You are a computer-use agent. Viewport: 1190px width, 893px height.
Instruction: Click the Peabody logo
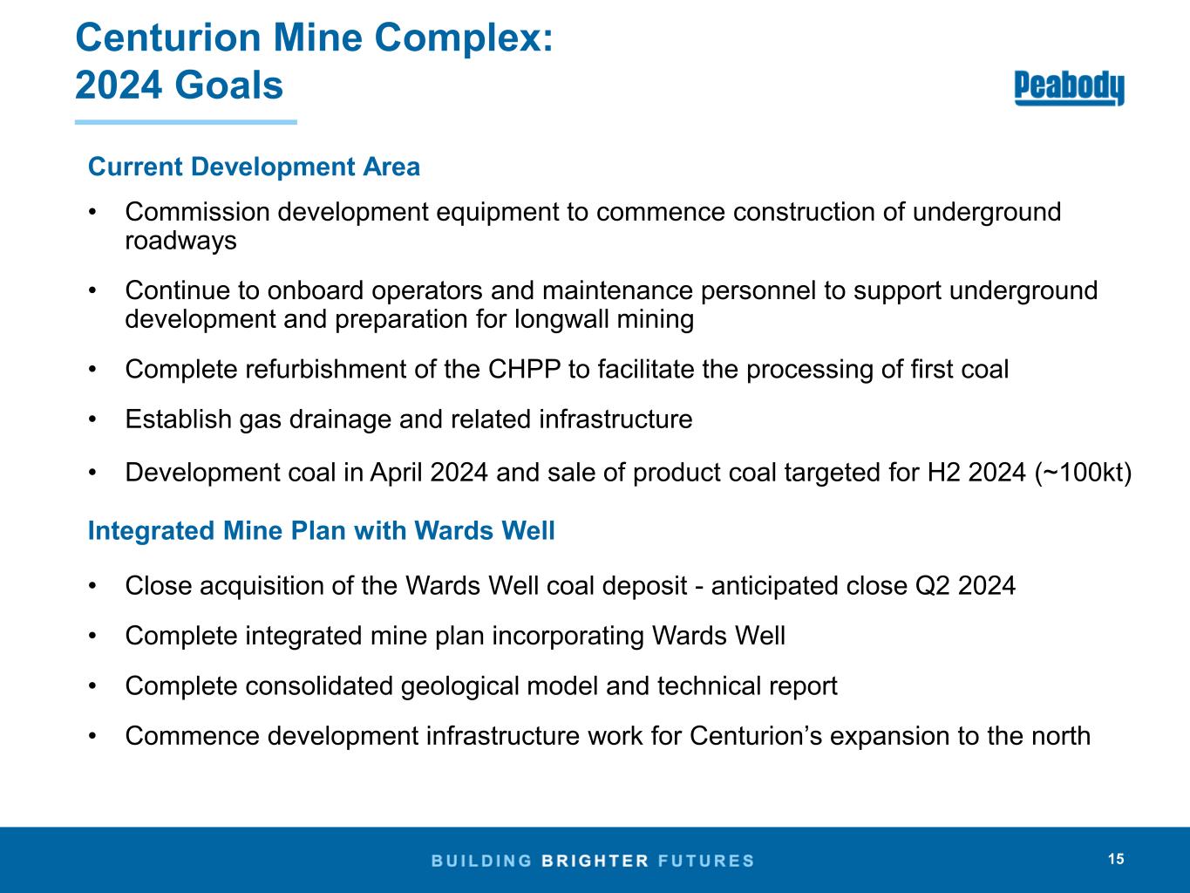point(1069,87)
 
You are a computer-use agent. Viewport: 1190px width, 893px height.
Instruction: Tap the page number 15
point(1116,859)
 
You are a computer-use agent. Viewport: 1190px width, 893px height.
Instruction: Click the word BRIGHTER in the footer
point(595,861)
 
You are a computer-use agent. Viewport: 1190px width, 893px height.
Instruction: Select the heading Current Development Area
point(254,167)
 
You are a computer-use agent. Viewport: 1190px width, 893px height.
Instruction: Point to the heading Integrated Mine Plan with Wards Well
point(322,530)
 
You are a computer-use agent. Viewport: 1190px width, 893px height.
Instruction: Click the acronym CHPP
point(524,369)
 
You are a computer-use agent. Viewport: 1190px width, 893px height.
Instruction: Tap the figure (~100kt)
point(1083,473)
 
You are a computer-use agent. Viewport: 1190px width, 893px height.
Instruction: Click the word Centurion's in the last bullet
point(756,736)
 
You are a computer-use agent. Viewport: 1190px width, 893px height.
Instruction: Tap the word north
point(1059,736)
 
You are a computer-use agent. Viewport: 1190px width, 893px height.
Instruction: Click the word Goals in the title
point(228,85)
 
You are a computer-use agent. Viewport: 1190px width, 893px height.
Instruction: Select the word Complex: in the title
point(464,38)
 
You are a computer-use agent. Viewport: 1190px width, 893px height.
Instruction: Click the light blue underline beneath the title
point(186,122)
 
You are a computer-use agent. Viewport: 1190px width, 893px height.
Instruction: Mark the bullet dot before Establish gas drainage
point(92,419)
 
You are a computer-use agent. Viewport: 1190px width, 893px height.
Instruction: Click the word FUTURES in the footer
point(706,861)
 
